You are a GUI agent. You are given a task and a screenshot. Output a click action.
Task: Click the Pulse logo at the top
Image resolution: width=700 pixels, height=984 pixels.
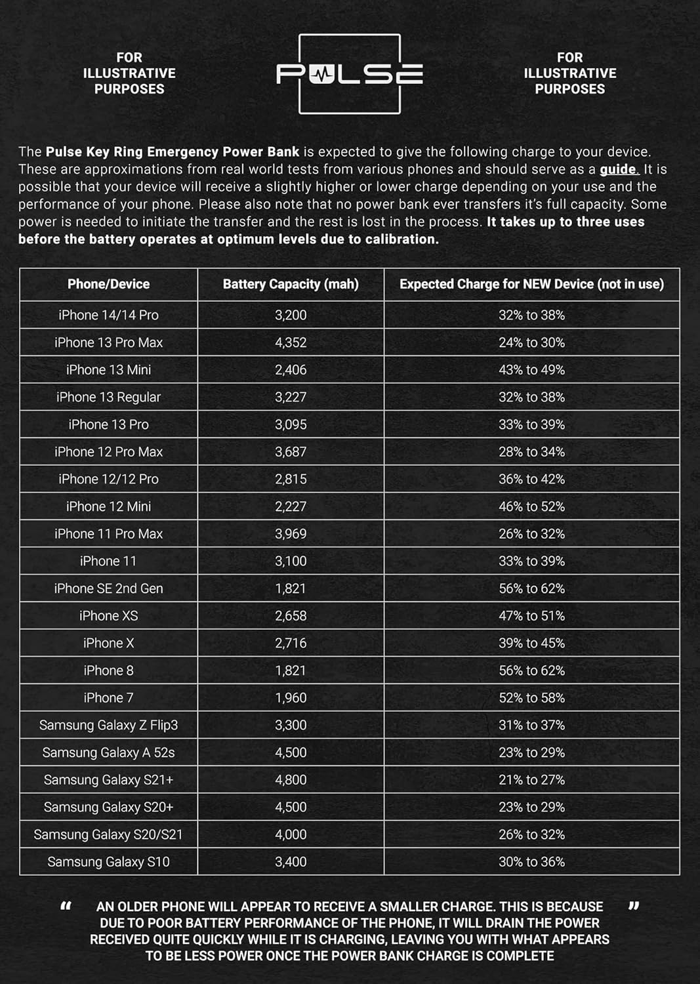(x=349, y=74)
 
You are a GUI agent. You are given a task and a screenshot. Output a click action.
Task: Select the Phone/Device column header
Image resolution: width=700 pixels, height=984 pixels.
(x=108, y=284)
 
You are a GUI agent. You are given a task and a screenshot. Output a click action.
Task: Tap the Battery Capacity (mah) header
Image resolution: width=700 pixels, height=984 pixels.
(x=291, y=284)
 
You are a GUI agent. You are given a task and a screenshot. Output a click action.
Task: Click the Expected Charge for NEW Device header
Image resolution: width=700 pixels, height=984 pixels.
(x=531, y=284)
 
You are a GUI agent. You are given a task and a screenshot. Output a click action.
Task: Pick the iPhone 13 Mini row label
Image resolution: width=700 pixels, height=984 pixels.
(x=108, y=370)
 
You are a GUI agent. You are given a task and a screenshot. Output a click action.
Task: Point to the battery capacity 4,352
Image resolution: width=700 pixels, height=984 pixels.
(x=291, y=342)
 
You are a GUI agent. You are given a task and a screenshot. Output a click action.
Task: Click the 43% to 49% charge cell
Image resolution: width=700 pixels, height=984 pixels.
(x=531, y=370)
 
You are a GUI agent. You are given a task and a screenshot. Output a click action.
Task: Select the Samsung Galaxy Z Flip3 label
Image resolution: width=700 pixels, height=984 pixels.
(x=108, y=725)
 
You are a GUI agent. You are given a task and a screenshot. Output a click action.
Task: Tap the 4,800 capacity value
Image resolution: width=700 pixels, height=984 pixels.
(x=291, y=780)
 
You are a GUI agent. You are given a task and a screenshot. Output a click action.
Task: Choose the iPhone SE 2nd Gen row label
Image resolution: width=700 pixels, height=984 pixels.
(x=108, y=588)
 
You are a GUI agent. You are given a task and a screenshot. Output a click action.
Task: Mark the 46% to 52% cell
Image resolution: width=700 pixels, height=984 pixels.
(x=531, y=506)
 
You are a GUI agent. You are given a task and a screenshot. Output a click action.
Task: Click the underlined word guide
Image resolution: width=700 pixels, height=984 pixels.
(x=617, y=169)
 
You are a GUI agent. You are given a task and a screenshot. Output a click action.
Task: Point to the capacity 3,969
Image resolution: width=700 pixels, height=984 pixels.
(x=291, y=534)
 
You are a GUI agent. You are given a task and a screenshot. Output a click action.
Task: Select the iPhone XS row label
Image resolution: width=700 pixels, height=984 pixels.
(x=108, y=616)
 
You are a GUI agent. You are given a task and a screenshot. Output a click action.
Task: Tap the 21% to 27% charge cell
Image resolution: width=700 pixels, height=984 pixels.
(x=531, y=780)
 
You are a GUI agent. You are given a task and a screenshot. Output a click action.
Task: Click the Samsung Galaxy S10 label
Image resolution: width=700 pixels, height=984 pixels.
(x=108, y=862)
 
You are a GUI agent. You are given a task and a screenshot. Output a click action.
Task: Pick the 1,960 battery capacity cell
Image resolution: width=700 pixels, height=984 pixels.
(x=291, y=698)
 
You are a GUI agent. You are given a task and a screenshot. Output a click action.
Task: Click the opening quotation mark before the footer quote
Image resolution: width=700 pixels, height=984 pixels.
(x=66, y=906)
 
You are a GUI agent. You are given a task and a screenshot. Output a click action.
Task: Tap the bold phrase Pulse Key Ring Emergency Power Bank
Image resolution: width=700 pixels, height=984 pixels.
(x=172, y=152)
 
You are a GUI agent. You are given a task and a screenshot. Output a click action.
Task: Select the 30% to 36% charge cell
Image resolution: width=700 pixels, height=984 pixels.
(x=531, y=862)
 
